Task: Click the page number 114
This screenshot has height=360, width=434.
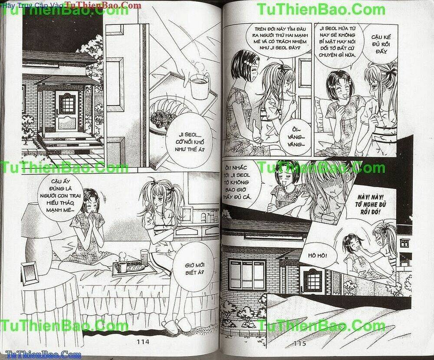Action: click(143, 342)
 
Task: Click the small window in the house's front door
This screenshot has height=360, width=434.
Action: click(67, 103)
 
